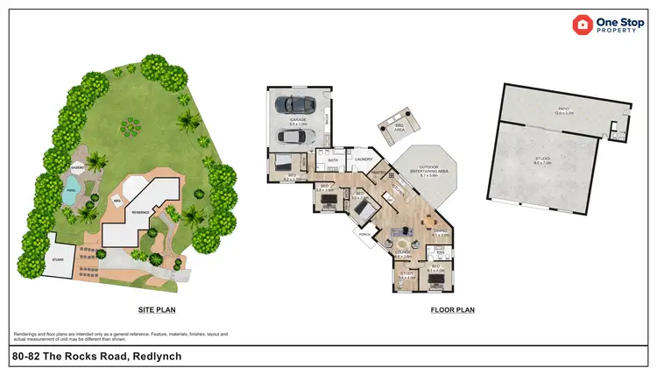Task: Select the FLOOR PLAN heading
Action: pyautogui.click(x=453, y=310)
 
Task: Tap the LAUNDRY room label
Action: pyautogui.click(x=364, y=159)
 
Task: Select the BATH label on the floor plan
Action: pyautogui.click(x=333, y=160)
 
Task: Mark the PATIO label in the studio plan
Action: pyautogui.click(x=564, y=109)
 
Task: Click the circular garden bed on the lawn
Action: pyautogui.click(x=133, y=129)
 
